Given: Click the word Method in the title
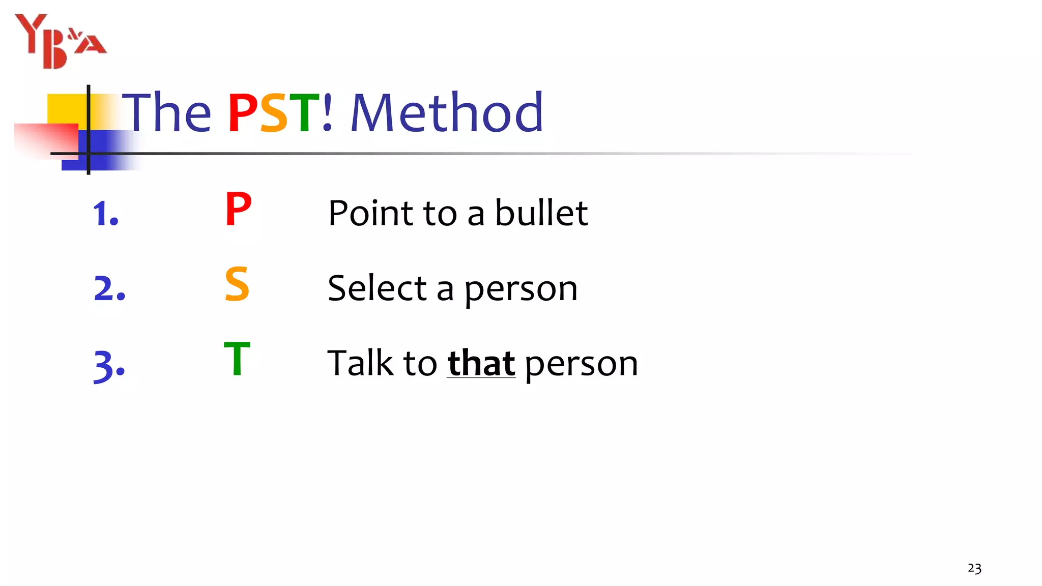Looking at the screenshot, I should pyautogui.click(x=447, y=112).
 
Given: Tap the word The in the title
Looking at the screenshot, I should pyautogui.click(x=167, y=112).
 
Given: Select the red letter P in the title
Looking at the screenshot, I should pyautogui.click(x=243, y=113).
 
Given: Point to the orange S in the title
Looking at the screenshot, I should pyautogui.click(x=274, y=113).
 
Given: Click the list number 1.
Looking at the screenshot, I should pyautogui.click(x=105, y=213).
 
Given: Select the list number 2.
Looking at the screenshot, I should pyautogui.click(x=109, y=288).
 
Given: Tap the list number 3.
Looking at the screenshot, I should pyautogui.click(x=109, y=365).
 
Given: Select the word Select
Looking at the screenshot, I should pyautogui.click(x=377, y=288).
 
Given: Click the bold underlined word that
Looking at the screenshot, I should pyautogui.click(x=481, y=363).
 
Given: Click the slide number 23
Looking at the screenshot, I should pyautogui.click(x=974, y=568).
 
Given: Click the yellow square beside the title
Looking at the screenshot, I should pyautogui.click(x=66, y=109).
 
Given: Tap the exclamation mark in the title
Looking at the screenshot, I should pyautogui.click(x=328, y=112).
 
